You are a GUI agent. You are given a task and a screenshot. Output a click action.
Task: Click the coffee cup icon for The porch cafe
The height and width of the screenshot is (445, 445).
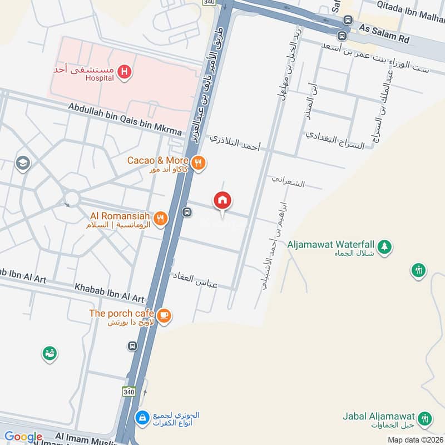pyautogui.click(x=164, y=315)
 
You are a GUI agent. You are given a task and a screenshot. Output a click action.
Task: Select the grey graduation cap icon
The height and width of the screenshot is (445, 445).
pyautogui.click(x=23, y=163)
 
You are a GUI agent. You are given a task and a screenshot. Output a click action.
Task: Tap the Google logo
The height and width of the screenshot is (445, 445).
pyautogui.click(x=23, y=437)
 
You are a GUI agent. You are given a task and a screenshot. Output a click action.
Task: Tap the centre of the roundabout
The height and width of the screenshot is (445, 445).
pyautogui.click(x=71, y=197)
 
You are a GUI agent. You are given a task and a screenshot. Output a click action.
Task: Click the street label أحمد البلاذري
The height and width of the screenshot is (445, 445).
pyautogui.click(x=235, y=144)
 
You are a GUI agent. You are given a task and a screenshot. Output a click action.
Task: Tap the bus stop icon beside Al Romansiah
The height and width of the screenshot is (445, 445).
pyautogui.click(x=187, y=212)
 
